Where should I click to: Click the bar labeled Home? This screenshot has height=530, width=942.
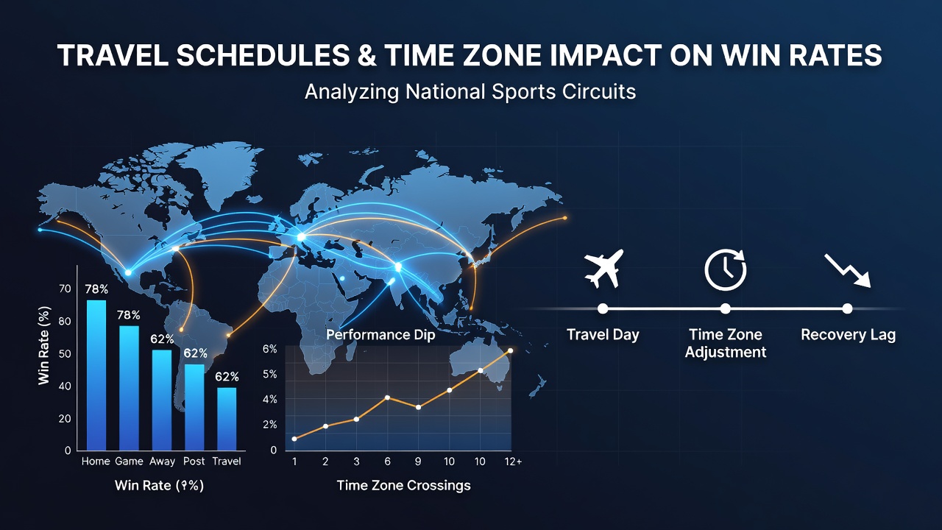pos(96,375)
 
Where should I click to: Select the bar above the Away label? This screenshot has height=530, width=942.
pos(162,400)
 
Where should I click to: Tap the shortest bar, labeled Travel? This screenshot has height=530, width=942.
pos(227,419)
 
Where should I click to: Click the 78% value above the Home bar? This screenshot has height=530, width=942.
pos(96,289)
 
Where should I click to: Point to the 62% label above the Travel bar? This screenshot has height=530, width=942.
pos(227,376)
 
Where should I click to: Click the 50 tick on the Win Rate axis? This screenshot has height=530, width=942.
pos(65,354)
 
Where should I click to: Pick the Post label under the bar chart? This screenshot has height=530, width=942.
pos(194,462)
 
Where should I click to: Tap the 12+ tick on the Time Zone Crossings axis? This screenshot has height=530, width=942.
pos(513,462)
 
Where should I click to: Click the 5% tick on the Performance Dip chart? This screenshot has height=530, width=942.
pos(269,375)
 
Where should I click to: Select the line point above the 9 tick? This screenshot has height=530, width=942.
pos(418,407)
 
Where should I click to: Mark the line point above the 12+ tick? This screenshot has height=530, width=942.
pos(511,350)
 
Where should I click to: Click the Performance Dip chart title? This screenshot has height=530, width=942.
pos(380,335)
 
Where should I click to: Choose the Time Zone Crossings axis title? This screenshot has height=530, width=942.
pos(404,485)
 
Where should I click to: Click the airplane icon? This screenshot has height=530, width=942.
pos(603,269)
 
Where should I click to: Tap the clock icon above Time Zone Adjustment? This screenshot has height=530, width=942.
pos(726,269)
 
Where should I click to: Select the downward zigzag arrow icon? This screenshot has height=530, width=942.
pos(847,270)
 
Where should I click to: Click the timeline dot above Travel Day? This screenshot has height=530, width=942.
pos(603,308)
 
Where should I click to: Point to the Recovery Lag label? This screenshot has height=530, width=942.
pos(849,335)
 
